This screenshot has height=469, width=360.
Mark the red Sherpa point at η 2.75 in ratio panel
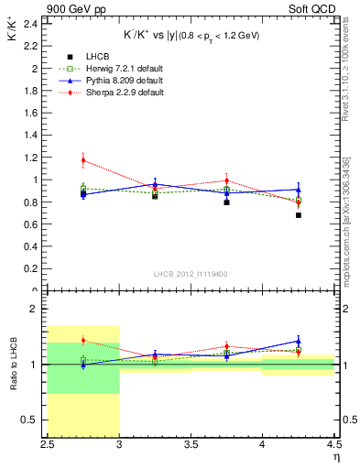[x=83, y=341]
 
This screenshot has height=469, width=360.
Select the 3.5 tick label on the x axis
[x=191, y=445]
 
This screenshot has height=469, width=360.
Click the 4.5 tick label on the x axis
[x=333, y=445]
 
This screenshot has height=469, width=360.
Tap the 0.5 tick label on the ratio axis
[x=30, y=420]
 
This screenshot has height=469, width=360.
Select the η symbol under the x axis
[x=336, y=457]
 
